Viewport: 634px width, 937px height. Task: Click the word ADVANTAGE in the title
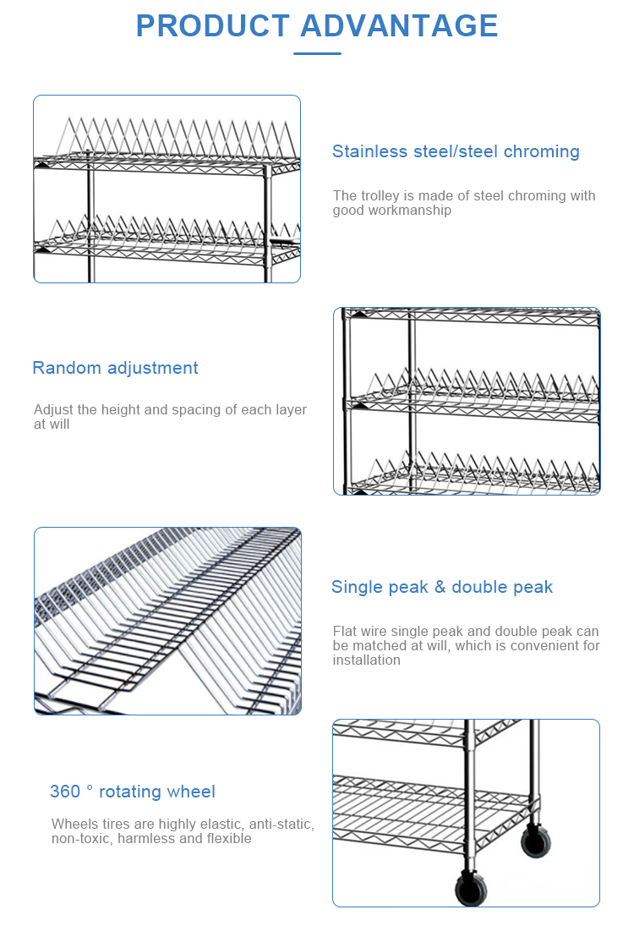[399, 26]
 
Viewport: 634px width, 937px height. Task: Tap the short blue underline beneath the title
[317, 53]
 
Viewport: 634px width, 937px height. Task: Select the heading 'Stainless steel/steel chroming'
[456, 151]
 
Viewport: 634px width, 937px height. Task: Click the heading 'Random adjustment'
[115, 368]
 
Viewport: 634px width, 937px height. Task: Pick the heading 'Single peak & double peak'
[441, 587]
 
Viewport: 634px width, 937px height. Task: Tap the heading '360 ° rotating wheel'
[133, 792]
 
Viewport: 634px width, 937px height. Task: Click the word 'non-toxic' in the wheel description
[81, 839]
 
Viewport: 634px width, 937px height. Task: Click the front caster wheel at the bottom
[472, 889]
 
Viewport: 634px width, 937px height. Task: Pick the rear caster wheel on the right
[534, 841]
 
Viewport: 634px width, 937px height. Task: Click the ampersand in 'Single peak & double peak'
[440, 587]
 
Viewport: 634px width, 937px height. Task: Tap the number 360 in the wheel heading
[65, 792]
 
